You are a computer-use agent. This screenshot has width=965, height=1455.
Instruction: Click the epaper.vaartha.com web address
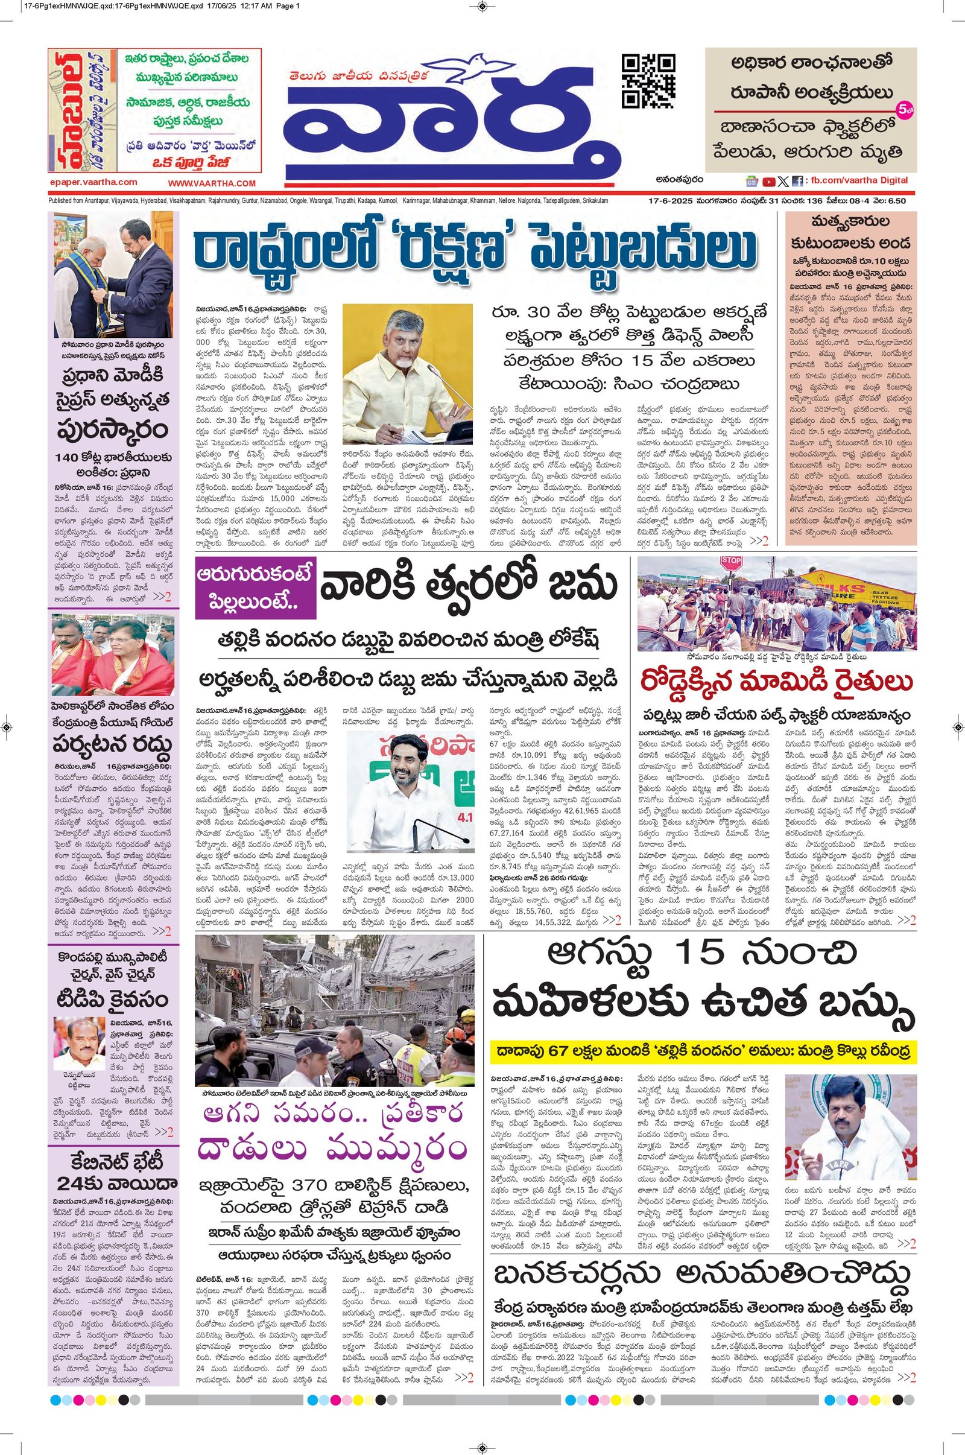click(93, 182)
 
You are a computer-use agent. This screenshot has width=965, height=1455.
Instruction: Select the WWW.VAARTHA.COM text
click(211, 183)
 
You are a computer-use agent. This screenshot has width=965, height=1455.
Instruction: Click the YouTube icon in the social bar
click(768, 182)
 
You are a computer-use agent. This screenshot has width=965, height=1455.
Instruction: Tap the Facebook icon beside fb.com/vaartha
click(797, 182)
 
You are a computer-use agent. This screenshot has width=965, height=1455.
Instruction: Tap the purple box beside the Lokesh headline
click(255, 589)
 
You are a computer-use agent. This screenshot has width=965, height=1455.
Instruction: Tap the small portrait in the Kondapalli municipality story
click(80, 1042)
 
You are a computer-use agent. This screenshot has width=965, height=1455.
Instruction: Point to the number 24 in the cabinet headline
click(72, 1183)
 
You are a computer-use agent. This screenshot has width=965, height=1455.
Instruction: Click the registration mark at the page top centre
click(482, 7)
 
